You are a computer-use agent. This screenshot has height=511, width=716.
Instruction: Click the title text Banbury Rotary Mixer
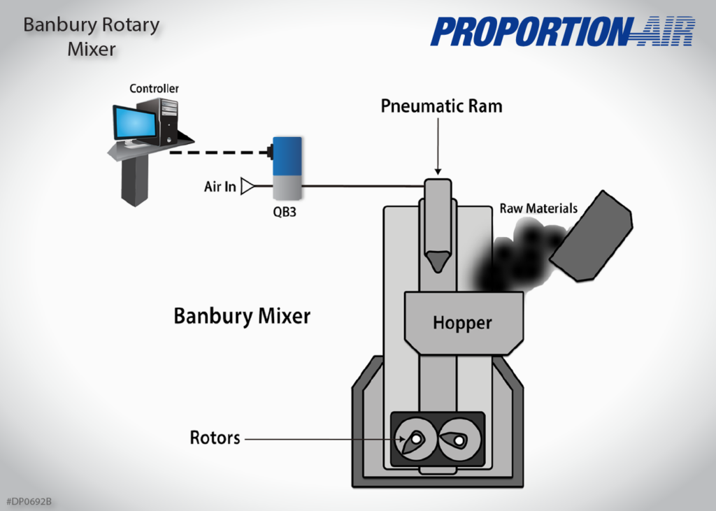pos(92,37)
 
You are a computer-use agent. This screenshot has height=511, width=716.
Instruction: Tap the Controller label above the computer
pos(154,89)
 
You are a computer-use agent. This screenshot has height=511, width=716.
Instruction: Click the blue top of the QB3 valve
pos(287,154)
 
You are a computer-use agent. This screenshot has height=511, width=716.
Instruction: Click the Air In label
pos(220,187)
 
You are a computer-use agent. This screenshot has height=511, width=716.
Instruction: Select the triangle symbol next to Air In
pos(246,187)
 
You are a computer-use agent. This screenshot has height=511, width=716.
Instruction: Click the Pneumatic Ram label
pos(441,106)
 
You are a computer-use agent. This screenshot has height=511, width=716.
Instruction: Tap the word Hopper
pos(462,323)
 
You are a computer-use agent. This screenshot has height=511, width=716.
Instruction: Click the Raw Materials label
pos(538,208)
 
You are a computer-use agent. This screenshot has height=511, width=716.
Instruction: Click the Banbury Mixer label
pos(242,316)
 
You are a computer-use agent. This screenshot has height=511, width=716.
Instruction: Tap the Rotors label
pos(215,438)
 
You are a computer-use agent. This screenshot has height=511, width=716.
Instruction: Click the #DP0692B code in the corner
pos(29,502)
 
